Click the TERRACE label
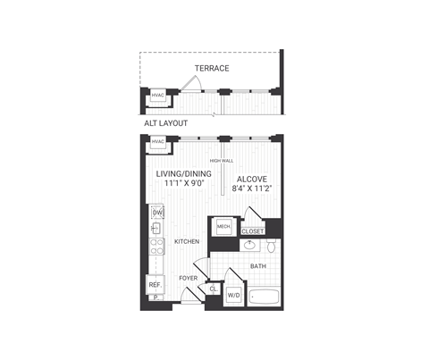coord(213,68)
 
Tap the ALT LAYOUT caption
coord(167,123)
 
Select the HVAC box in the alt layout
coord(158,96)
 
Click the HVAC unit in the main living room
coord(158,142)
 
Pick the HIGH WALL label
coord(221,161)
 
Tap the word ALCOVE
coord(253,178)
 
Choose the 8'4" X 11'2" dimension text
coord(253,188)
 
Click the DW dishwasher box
coord(156,212)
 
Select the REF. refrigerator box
coord(156,285)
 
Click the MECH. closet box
coord(223,228)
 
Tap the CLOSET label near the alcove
coord(253,231)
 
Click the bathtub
coord(265,295)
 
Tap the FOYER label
coord(188,278)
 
